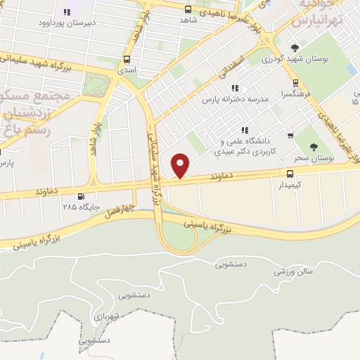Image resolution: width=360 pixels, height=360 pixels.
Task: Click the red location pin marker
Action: pyautogui.click(x=181, y=165)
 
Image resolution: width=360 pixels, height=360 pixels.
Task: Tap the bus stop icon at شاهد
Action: pyautogui.click(x=188, y=9)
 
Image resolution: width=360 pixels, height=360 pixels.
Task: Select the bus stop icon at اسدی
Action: pyautogui.click(x=127, y=60)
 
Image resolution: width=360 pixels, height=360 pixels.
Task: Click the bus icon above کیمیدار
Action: pyautogui.click(x=289, y=173)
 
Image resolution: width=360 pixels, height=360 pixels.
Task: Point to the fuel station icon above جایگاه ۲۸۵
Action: pyautogui.click(x=82, y=197)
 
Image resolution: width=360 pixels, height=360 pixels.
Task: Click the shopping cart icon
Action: pyautogui.click(x=290, y=135)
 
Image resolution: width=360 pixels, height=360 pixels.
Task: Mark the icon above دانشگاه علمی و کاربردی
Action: pyautogui.click(x=245, y=129)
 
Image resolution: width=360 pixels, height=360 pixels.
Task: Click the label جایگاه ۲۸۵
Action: pyautogui.click(x=78, y=208)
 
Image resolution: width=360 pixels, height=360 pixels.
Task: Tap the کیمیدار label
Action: pyautogui.click(x=290, y=184)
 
